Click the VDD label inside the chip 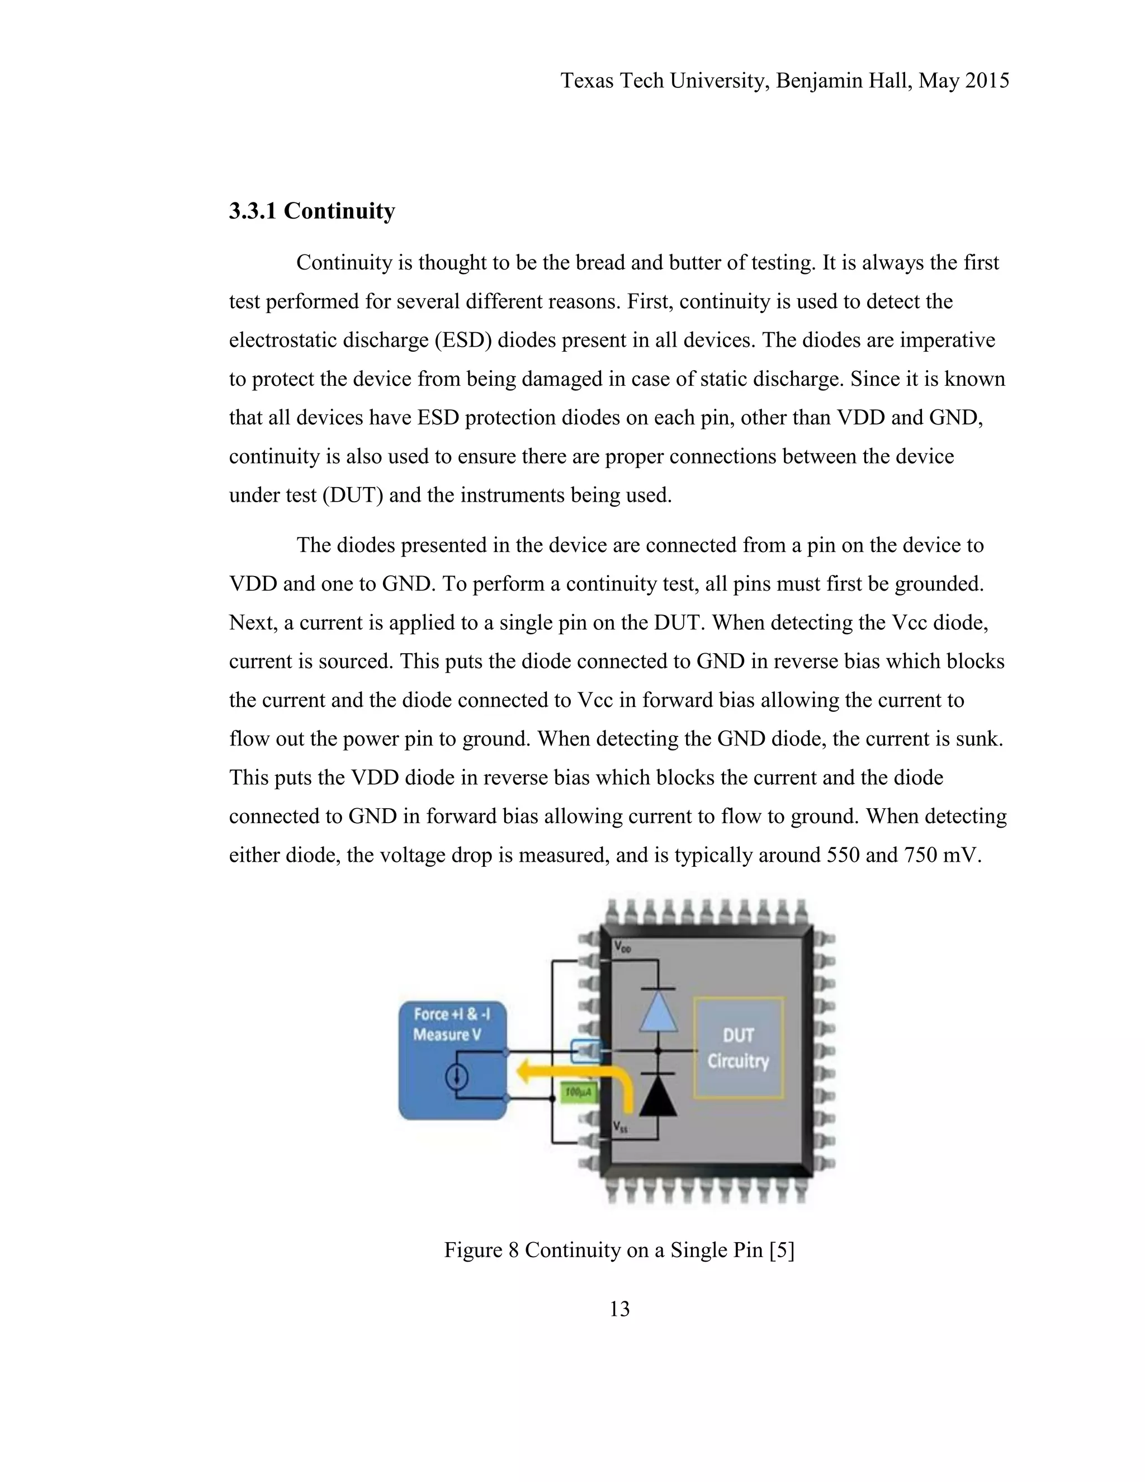[x=623, y=947]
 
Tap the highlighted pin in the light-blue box [x=586, y=1051]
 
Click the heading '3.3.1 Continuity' [x=311, y=211]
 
